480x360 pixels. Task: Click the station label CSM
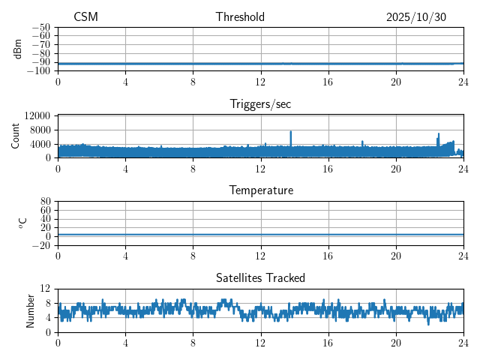[85, 17]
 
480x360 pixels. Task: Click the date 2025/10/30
[416, 17]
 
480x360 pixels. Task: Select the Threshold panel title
[240, 17]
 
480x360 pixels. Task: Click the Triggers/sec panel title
[260, 104]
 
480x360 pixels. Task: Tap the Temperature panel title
[260, 190]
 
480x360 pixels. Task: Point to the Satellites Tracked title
[260, 277]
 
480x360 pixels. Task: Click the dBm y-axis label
[18, 49]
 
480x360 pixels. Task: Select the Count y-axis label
[16, 136]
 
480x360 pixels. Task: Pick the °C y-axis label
[22, 223]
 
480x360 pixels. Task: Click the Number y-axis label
[31, 310]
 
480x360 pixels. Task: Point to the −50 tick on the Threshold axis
[41, 27]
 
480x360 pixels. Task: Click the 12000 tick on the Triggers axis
[37, 115]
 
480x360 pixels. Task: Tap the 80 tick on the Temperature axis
[46, 202]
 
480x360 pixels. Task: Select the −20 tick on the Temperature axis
[41, 245]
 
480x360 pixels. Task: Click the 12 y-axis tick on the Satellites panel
[46, 289]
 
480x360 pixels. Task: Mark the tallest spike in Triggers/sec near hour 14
[291, 132]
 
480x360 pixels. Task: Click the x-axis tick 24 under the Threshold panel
[463, 82]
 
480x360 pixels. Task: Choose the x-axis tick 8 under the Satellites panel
[193, 343]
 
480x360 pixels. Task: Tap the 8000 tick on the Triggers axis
[40, 130]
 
